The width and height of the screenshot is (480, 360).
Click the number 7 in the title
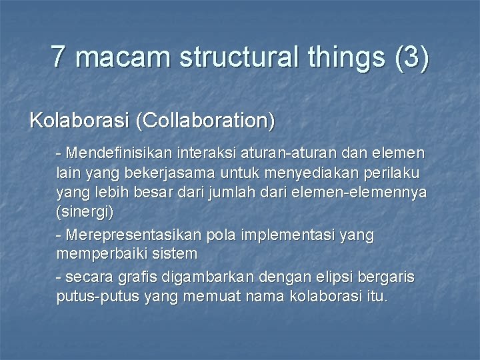pyautogui.click(x=59, y=57)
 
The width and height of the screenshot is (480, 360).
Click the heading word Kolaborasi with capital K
pyautogui.click(x=79, y=121)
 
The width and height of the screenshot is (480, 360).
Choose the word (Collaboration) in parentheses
pyautogui.click(x=205, y=121)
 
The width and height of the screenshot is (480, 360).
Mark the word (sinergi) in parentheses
pyautogui.click(x=85, y=213)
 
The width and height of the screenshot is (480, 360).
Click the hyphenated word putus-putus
pyautogui.click(x=97, y=296)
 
